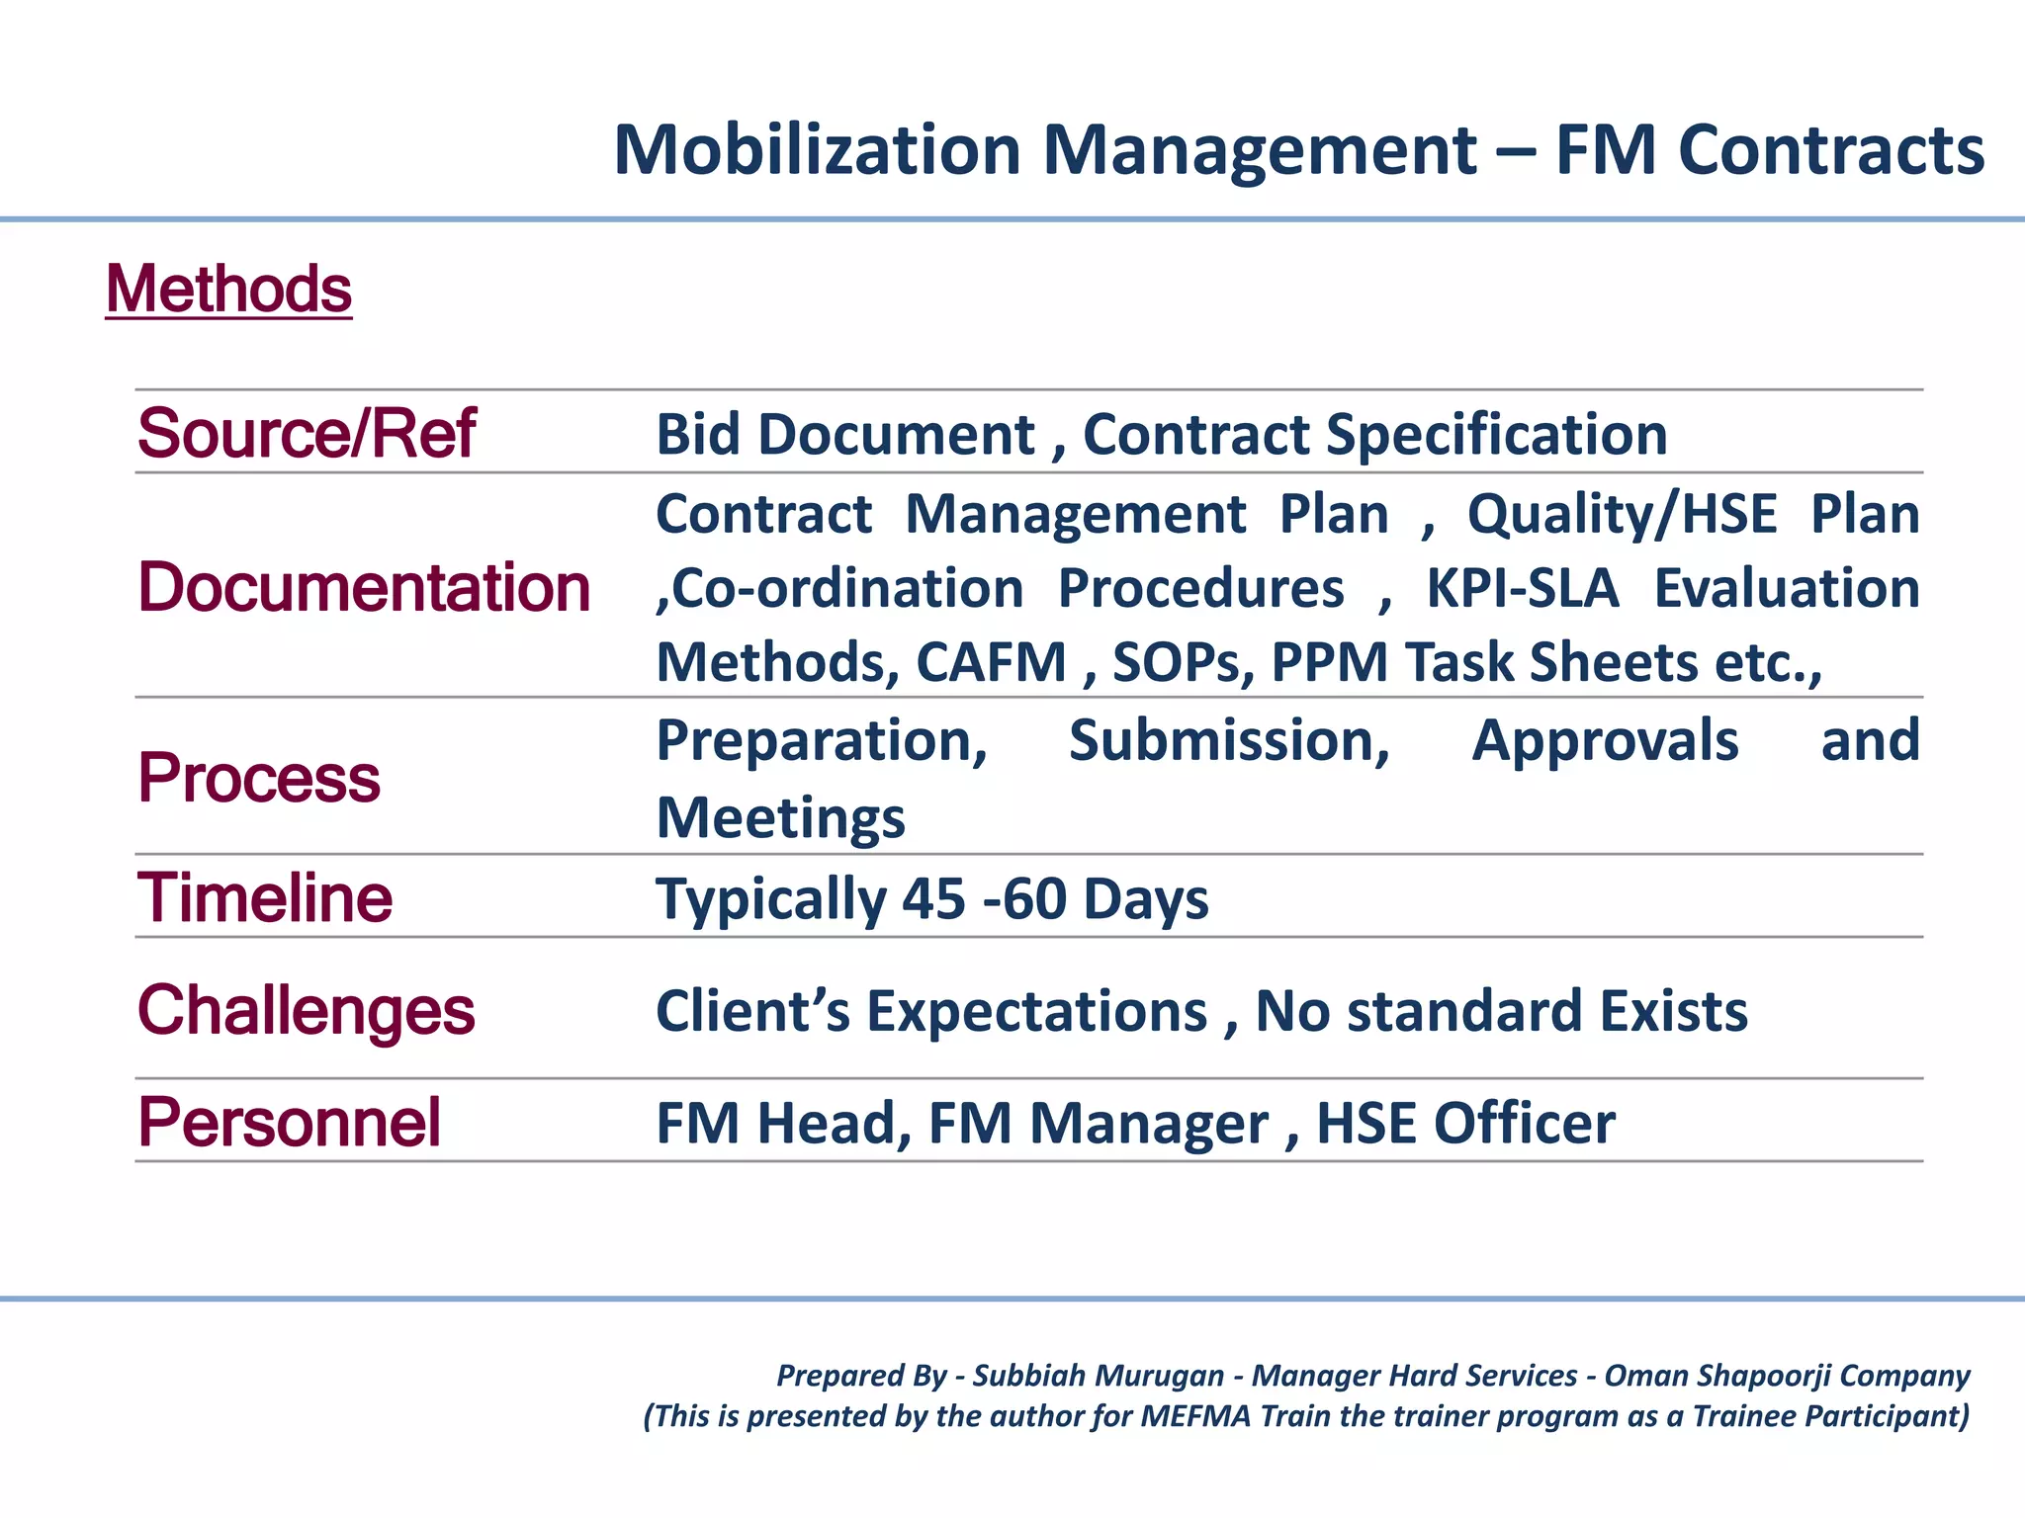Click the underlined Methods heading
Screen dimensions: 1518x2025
click(x=228, y=290)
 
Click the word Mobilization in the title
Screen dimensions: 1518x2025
click(x=817, y=150)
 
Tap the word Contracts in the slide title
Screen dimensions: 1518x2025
click(x=1830, y=150)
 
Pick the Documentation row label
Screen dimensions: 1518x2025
click(x=364, y=587)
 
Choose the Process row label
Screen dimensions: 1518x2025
click(x=258, y=778)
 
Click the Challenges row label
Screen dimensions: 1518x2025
click(x=306, y=1010)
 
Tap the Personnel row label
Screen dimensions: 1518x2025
click(x=289, y=1123)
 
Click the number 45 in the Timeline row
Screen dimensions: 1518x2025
click(x=932, y=899)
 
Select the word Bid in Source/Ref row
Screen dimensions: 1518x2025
click(x=698, y=434)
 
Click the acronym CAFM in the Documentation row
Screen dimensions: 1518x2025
click(x=991, y=662)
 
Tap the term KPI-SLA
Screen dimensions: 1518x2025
click(x=1522, y=588)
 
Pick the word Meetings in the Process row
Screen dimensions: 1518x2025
click(x=780, y=818)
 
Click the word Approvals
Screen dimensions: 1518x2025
click(x=1605, y=740)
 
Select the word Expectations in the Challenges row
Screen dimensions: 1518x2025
click(x=1037, y=1011)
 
